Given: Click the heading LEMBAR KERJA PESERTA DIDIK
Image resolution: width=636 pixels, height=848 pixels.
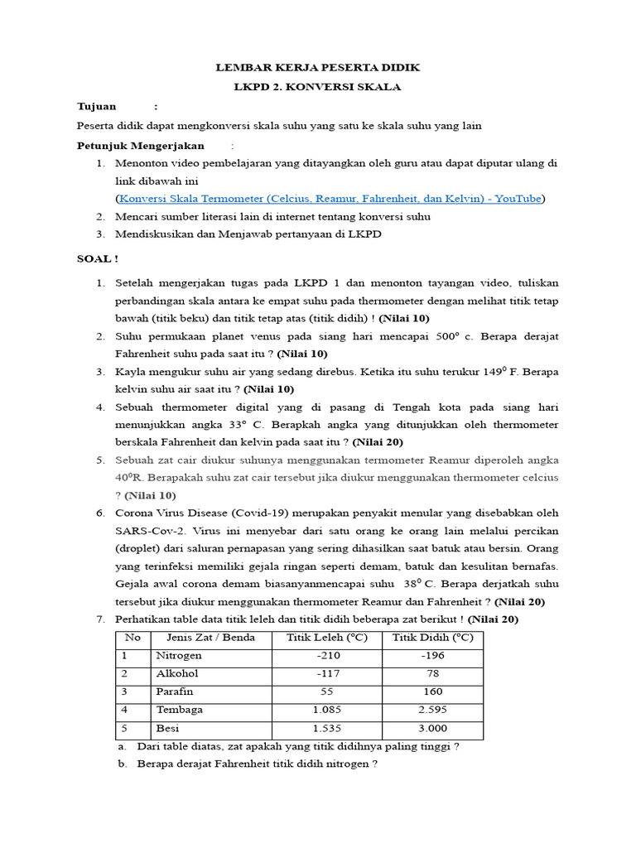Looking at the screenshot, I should click(317, 67).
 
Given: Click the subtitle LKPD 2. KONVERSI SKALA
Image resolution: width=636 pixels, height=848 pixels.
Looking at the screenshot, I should click(317, 86).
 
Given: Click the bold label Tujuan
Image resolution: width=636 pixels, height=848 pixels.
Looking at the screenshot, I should click(97, 107).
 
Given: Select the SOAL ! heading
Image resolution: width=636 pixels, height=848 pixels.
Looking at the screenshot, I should click(98, 258).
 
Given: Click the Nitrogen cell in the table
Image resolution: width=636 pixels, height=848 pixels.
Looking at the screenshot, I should click(179, 656).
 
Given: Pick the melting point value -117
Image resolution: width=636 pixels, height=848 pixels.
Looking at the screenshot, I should click(329, 674).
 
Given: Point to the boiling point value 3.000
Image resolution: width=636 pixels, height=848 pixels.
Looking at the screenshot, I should click(432, 729).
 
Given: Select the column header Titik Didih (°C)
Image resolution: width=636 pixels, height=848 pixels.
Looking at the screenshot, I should click(432, 638).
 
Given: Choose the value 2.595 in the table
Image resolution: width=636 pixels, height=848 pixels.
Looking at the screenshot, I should click(432, 711).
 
